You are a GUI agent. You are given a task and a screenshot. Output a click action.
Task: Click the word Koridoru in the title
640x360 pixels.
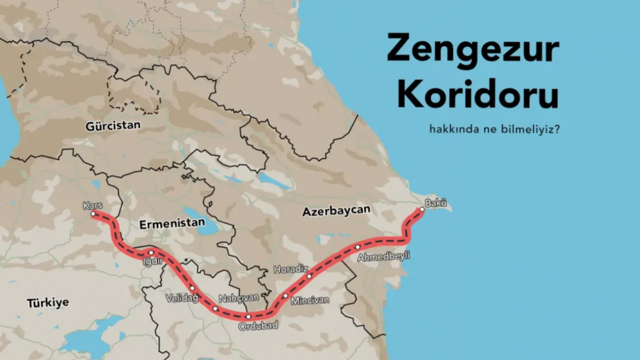477,93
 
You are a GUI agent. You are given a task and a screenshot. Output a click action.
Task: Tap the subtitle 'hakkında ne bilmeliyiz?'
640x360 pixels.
494,129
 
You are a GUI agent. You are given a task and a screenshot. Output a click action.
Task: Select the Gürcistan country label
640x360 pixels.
113,125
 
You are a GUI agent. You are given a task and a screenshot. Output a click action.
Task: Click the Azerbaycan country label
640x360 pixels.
336,210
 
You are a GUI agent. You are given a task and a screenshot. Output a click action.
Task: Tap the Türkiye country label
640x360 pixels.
48,302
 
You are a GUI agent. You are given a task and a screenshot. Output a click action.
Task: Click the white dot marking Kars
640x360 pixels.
93,213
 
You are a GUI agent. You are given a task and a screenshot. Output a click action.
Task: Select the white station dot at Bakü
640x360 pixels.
422,209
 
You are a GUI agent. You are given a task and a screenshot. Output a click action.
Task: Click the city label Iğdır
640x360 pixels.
152,261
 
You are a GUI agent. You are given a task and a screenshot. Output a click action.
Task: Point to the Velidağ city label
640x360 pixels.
182,298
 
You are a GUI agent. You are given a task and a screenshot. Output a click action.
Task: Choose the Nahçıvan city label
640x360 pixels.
239,298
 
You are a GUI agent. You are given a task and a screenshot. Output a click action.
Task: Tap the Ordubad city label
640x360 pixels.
258,325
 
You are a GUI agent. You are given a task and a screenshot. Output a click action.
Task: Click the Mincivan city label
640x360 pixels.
310,300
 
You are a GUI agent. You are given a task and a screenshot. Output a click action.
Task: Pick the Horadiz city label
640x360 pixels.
290,269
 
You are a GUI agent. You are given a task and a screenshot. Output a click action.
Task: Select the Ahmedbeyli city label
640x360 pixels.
383,256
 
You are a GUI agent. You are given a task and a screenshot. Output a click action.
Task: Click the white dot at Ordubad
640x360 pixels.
248,316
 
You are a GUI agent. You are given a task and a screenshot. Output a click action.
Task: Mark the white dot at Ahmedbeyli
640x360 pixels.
357,247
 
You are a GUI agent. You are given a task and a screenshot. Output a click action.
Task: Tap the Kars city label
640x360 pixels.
92,205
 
